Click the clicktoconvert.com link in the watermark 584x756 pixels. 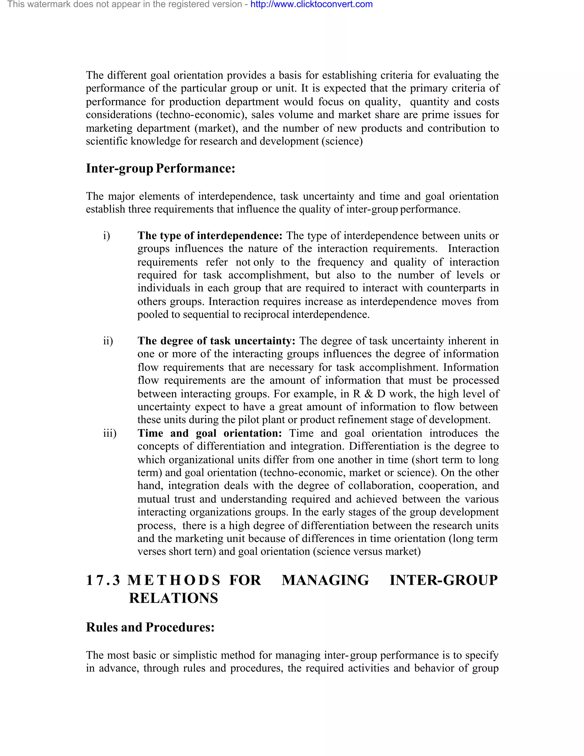[x=311, y=5]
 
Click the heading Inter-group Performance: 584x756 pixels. [x=160, y=169]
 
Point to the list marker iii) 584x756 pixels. [x=110, y=433]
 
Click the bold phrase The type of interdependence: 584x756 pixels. [x=210, y=236]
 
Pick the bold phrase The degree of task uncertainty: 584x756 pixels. [x=216, y=341]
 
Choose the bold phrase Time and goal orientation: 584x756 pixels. [x=210, y=433]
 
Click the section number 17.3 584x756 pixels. [x=103, y=580]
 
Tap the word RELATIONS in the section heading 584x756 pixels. [x=173, y=598]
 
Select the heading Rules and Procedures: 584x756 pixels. [x=150, y=627]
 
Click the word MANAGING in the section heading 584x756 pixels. [x=325, y=580]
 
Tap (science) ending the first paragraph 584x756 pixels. [x=342, y=141]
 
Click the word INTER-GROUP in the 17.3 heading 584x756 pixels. [x=443, y=580]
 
